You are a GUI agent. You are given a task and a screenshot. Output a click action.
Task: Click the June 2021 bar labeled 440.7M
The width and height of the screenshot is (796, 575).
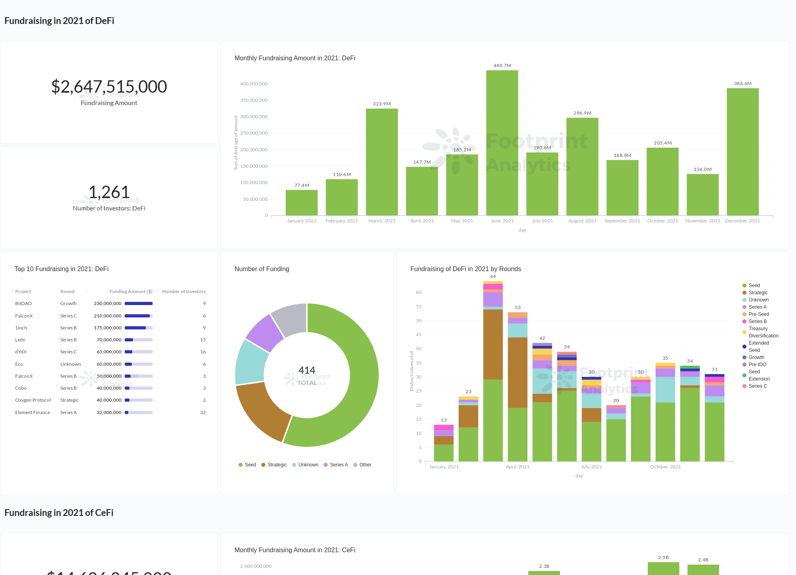pos(502,144)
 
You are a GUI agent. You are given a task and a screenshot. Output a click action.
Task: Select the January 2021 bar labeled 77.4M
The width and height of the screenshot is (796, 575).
pos(301,203)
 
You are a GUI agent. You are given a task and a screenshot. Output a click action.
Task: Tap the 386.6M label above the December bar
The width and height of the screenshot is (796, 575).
pos(742,83)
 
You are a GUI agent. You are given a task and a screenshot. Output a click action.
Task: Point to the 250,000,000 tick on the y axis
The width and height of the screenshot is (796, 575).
pos(254,133)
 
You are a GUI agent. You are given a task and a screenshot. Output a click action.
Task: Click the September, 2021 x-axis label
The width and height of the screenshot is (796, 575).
pos(622,221)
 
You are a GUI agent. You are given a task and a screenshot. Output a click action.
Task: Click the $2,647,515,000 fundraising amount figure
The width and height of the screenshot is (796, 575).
pos(109,87)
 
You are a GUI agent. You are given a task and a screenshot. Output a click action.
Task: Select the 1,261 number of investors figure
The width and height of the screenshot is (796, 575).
pos(109,192)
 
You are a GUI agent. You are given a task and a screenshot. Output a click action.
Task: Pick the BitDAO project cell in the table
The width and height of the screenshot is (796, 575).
pos(23,303)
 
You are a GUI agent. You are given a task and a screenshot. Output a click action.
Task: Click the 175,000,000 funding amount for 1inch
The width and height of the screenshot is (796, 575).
pos(107,328)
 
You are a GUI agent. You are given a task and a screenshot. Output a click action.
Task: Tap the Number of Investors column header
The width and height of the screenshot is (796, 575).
pos(184,291)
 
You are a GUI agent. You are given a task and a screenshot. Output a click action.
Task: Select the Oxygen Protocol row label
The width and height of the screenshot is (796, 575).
pos(33,400)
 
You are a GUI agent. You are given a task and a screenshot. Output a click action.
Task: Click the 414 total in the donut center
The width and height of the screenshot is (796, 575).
pos(307,370)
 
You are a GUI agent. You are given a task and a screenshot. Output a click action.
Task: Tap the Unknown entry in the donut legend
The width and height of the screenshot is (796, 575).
pos(308,465)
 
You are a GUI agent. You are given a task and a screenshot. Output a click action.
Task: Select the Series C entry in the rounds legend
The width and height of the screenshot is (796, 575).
pos(757,386)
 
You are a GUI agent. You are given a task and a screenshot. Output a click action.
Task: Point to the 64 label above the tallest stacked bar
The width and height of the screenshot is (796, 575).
pos(493,276)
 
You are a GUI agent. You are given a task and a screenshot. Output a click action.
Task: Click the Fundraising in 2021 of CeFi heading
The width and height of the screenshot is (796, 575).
pos(59,513)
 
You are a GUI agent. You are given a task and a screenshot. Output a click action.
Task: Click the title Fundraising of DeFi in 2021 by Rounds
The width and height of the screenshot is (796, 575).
pos(466,269)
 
